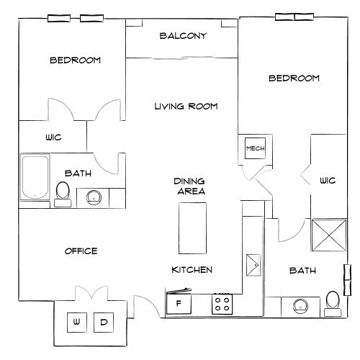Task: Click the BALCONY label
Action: click(x=184, y=36)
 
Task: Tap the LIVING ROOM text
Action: click(x=186, y=107)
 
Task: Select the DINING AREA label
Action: click(x=190, y=186)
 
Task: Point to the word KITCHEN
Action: click(x=191, y=270)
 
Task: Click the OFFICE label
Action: click(x=81, y=251)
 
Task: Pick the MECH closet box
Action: click(x=256, y=149)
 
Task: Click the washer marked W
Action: click(x=76, y=322)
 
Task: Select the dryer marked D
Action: click(x=103, y=322)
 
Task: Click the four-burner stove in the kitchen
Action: click(x=222, y=304)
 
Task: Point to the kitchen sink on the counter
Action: click(x=253, y=264)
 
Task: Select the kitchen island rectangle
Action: click(x=192, y=228)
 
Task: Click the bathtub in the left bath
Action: click(x=33, y=178)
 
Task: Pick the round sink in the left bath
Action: click(x=92, y=197)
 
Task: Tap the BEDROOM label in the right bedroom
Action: click(x=294, y=78)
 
